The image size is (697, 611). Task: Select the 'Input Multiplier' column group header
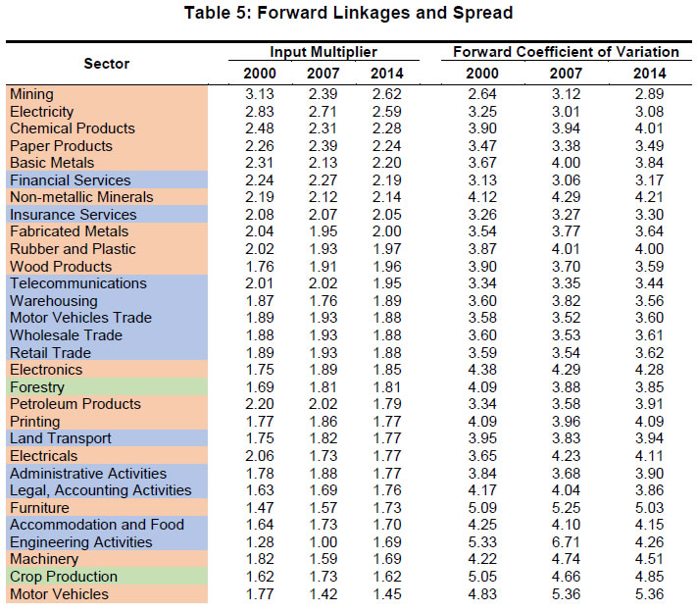pos(323,51)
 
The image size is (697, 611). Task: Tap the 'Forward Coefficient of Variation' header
pos(566,51)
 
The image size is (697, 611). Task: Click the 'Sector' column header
pos(106,63)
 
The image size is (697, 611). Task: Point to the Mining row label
pos(31,94)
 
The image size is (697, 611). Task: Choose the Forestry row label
pos(37,387)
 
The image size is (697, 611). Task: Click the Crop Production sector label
pos(64,577)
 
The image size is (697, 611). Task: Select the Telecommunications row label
pos(78,283)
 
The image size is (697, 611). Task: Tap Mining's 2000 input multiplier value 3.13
pos(260,94)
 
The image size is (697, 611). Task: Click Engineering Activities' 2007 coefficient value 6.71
pos(567,542)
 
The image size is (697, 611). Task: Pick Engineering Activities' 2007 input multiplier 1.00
pos(323,542)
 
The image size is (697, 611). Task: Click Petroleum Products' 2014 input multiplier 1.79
pos(385,404)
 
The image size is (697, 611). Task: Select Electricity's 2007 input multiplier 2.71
pos(323,112)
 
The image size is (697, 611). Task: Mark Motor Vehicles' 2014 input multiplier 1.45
pos(385,594)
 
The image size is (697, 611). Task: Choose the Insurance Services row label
pos(74,215)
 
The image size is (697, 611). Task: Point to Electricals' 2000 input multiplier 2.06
pos(260,456)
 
